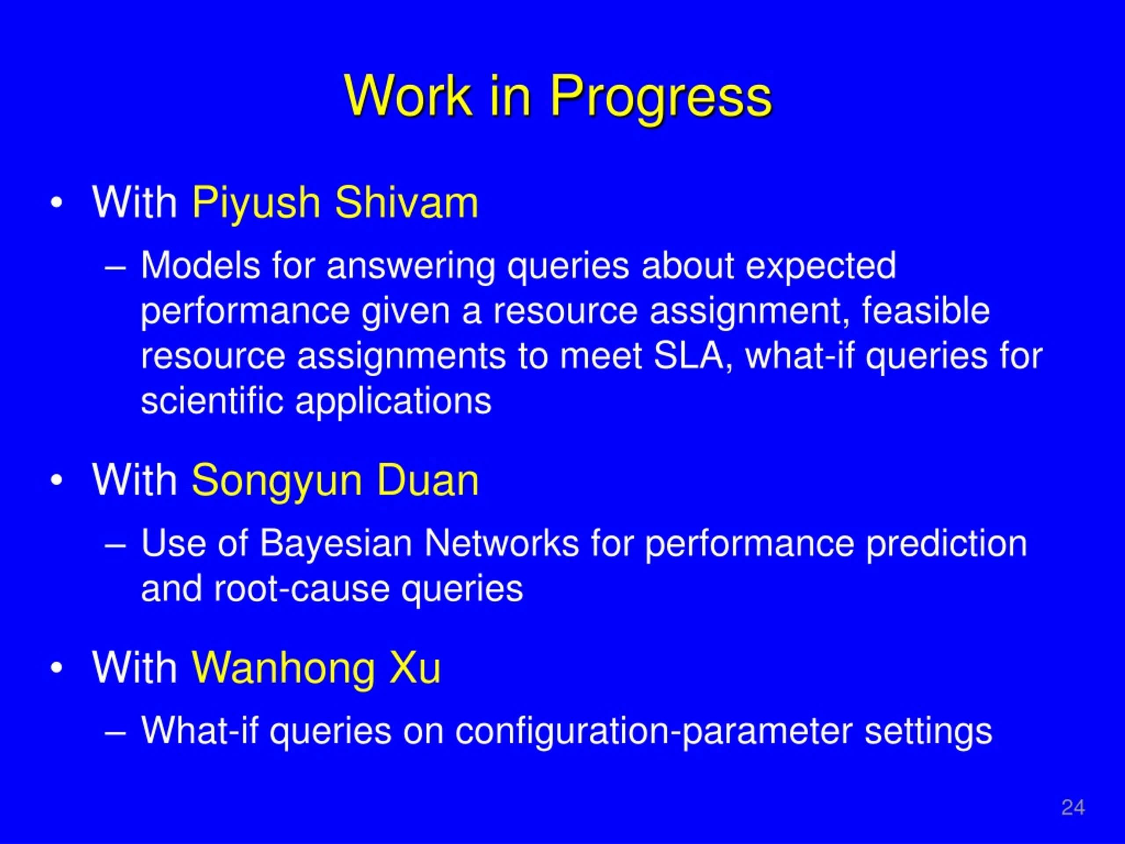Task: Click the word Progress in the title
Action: pos(661,98)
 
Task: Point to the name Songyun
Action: pos(277,482)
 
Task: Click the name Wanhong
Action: pos(283,669)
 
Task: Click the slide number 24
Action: pos(1073,808)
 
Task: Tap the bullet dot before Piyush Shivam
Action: pos(56,203)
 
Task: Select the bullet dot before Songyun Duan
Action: pos(56,480)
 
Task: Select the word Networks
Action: pos(501,543)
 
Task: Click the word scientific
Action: pos(212,400)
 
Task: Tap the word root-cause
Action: pos(301,589)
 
